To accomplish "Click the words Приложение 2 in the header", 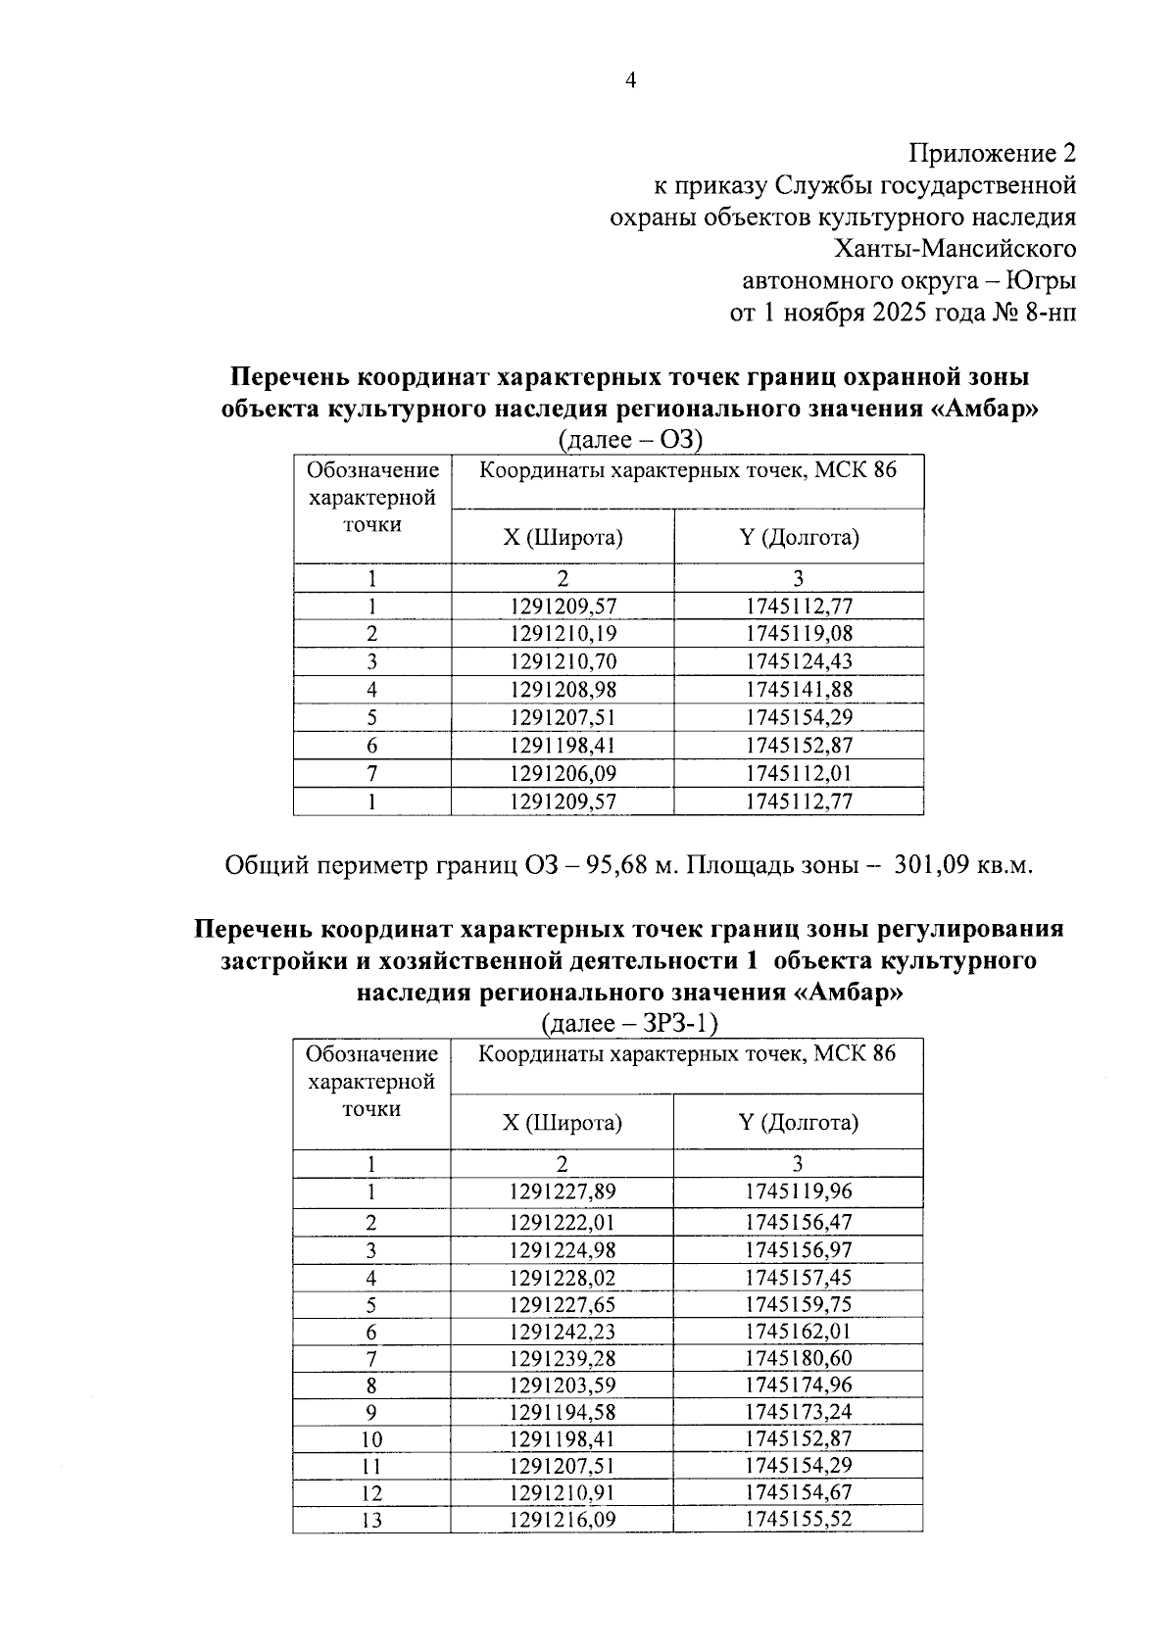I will [x=992, y=153].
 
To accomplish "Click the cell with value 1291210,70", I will [x=563, y=661].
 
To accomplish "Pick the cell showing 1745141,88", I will [x=799, y=689].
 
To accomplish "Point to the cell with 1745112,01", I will [x=799, y=773].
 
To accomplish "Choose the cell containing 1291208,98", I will [x=563, y=689].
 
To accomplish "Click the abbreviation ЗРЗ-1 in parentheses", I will [x=676, y=1024].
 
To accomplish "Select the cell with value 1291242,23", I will [x=563, y=1332].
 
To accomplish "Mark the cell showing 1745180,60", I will [x=799, y=1358].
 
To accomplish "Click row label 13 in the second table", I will [x=371, y=1521].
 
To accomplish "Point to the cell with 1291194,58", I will [x=563, y=1412].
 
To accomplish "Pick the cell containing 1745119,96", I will [x=799, y=1192].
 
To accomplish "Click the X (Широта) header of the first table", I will [x=563, y=537].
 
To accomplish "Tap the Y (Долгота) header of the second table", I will [x=798, y=1122].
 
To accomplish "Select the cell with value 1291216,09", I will [x=563, y=1520].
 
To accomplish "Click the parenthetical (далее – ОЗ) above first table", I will [x=630, y=440].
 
